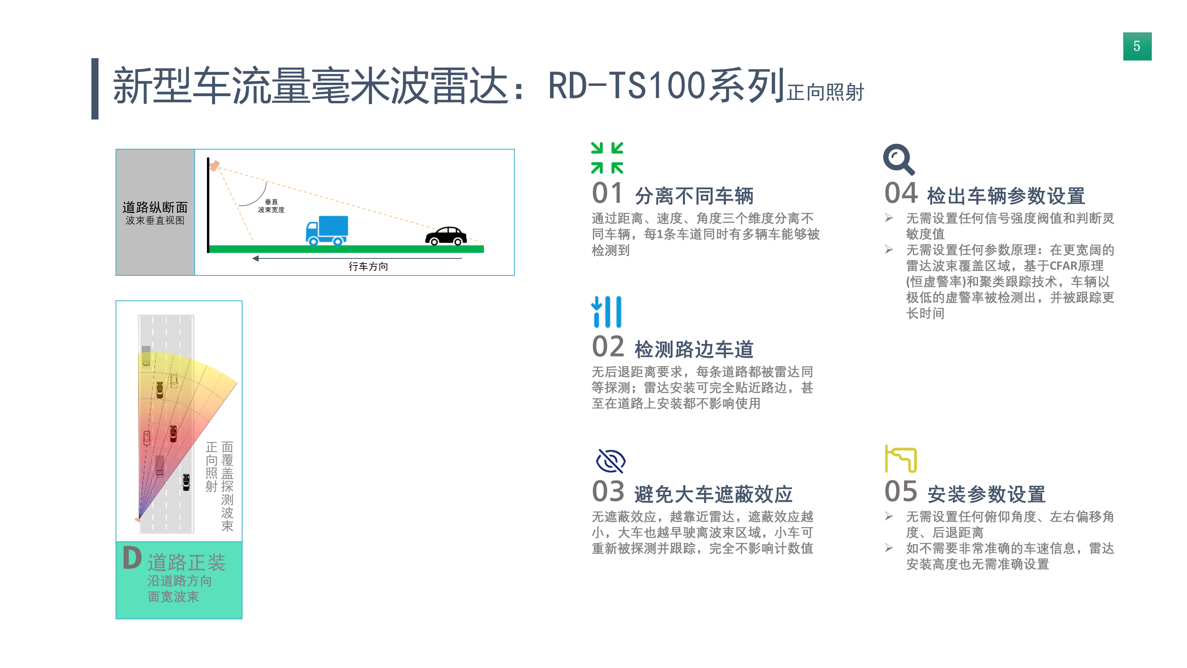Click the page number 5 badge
point(1137,46)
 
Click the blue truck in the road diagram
point(327,230)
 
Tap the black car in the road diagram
point(446,235)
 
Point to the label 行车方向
point(368,266)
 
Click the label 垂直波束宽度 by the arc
point(271,206)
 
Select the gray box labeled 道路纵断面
point(155,212)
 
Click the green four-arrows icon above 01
point(607,158)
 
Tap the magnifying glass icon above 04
point(899,159)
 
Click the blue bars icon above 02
point(607,312)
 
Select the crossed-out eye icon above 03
point(610,461)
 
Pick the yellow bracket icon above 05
point(901,459)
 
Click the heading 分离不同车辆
point(694,196)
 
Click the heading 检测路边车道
point(694,349)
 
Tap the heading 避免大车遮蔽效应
point(713,494)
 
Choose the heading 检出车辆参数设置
point(1006,196)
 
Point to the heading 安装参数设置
point(986,494)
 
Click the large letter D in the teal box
point(132,558)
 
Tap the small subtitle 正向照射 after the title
point(825,92)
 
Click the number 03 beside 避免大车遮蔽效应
point(608,492)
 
